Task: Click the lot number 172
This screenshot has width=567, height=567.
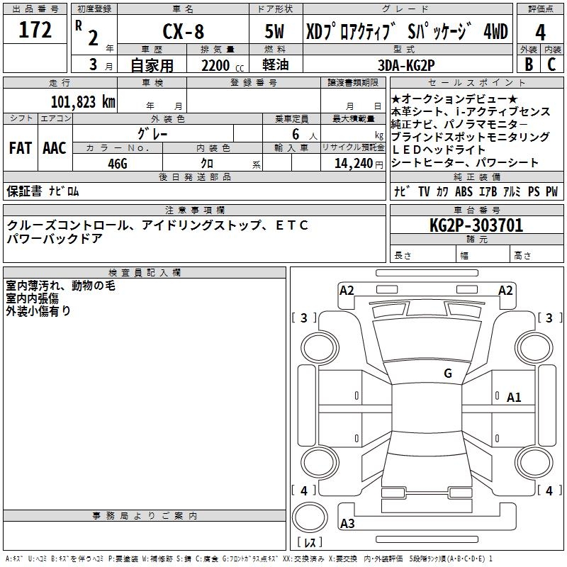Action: click(35, 30)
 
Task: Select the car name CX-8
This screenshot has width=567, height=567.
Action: click(183, 32)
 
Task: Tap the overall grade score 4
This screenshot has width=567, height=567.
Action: click(541, 32)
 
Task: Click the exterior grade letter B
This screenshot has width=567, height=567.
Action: click(528, 64)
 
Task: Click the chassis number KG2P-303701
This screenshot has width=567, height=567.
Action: click(476, 226)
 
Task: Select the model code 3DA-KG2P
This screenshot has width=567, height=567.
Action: click(406, 64)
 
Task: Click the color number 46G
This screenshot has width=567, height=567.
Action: click(118, 163)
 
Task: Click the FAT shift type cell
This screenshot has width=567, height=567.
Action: click(20, 148)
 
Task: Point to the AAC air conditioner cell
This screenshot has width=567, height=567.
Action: click(55, 148)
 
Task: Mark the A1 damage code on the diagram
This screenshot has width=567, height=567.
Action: click(514, 398)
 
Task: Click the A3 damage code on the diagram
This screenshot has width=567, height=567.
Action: click(347, 524)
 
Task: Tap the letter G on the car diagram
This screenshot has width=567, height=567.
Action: click(447, 374)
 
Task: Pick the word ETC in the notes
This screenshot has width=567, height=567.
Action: click(291, 225)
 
